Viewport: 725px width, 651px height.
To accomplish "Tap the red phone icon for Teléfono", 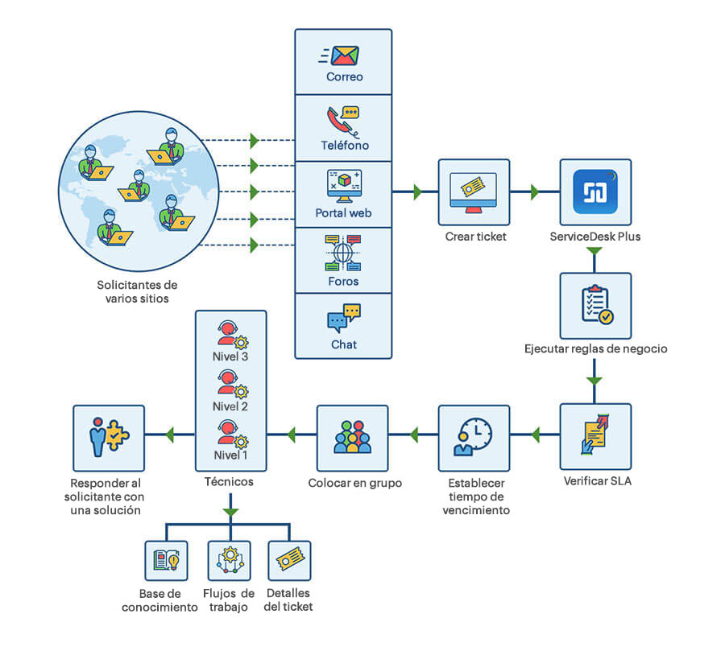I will pos(341,121).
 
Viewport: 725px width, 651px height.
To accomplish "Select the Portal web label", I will pos(343,213).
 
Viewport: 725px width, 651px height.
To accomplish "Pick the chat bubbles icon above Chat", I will pos(344,318).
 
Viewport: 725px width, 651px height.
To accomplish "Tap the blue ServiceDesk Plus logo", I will pos(594,192).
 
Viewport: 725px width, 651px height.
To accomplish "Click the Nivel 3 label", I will pos(230,355).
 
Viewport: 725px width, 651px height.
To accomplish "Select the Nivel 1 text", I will pos(230,456).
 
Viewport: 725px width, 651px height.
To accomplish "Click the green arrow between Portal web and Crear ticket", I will pos(417,192).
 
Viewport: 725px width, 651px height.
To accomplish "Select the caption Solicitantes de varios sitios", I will pos(137,292).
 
